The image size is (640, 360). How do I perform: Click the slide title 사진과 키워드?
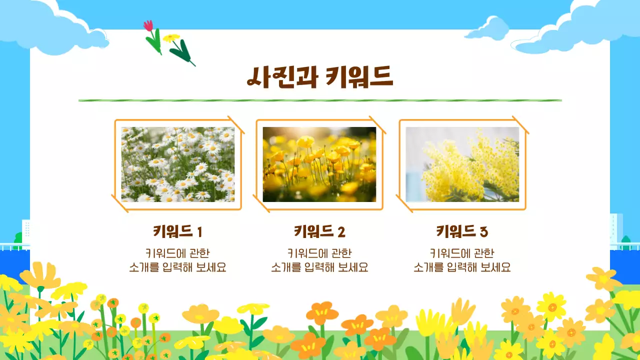(x=320, y=77)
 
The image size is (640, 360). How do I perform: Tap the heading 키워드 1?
(x=177, y=232)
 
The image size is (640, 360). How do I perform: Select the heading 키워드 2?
(x=319, y=232)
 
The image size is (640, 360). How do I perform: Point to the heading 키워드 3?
(x=462, y=232)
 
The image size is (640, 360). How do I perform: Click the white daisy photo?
(x=178, y=164)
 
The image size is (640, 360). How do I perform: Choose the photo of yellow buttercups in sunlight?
(x=319, y=164)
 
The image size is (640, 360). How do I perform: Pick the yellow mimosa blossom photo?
(x=462, y=164)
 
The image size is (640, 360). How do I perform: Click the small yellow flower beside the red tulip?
(x=171, y=38)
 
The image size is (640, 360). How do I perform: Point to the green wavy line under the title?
(x=320, y=100)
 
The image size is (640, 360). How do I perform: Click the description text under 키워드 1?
(x=177, y=260)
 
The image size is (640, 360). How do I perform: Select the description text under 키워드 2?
(x=319, y=260)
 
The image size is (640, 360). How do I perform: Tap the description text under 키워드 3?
(x=462, y=260)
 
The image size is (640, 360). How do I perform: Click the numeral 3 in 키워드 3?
(x=483, y=232)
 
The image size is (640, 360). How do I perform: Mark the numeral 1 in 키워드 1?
(x=199, y=232)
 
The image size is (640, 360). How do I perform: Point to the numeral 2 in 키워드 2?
(x=341, y=232)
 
